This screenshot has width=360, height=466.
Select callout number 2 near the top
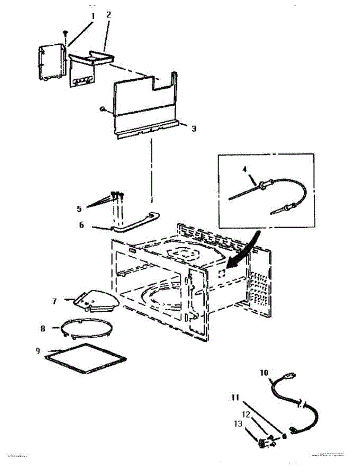pos(108,15)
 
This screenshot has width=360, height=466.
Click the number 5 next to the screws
pos(79,209)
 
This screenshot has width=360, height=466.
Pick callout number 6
pos(82,225)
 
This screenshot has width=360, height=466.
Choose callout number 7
pos(55,301)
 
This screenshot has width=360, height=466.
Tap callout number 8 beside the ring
pos(43,329)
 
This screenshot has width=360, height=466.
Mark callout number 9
pos(38,351)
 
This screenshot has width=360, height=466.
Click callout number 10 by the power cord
pos(264,373)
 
